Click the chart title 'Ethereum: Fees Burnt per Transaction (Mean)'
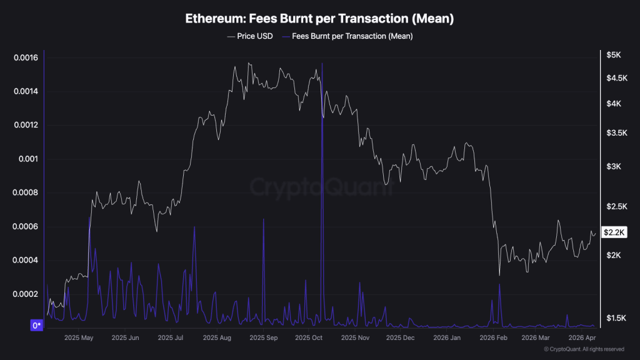[x=319, y=19]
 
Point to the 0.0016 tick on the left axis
[x=26, y=58]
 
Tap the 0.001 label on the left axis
[x=29, y=159]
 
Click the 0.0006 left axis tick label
[x=26, y=227]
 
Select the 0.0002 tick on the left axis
[x=26, y=294]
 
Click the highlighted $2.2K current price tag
[x=614, y=232]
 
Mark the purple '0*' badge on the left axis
[x=37, y=326]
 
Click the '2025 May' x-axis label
[x=79, y=337]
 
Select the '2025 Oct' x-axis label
[x=308, y=337]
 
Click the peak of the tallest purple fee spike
[x=322, y=63]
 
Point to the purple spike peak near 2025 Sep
[x=263, y=219]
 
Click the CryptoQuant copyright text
[x=584, y=349]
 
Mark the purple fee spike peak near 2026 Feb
[x=500, y=284]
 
